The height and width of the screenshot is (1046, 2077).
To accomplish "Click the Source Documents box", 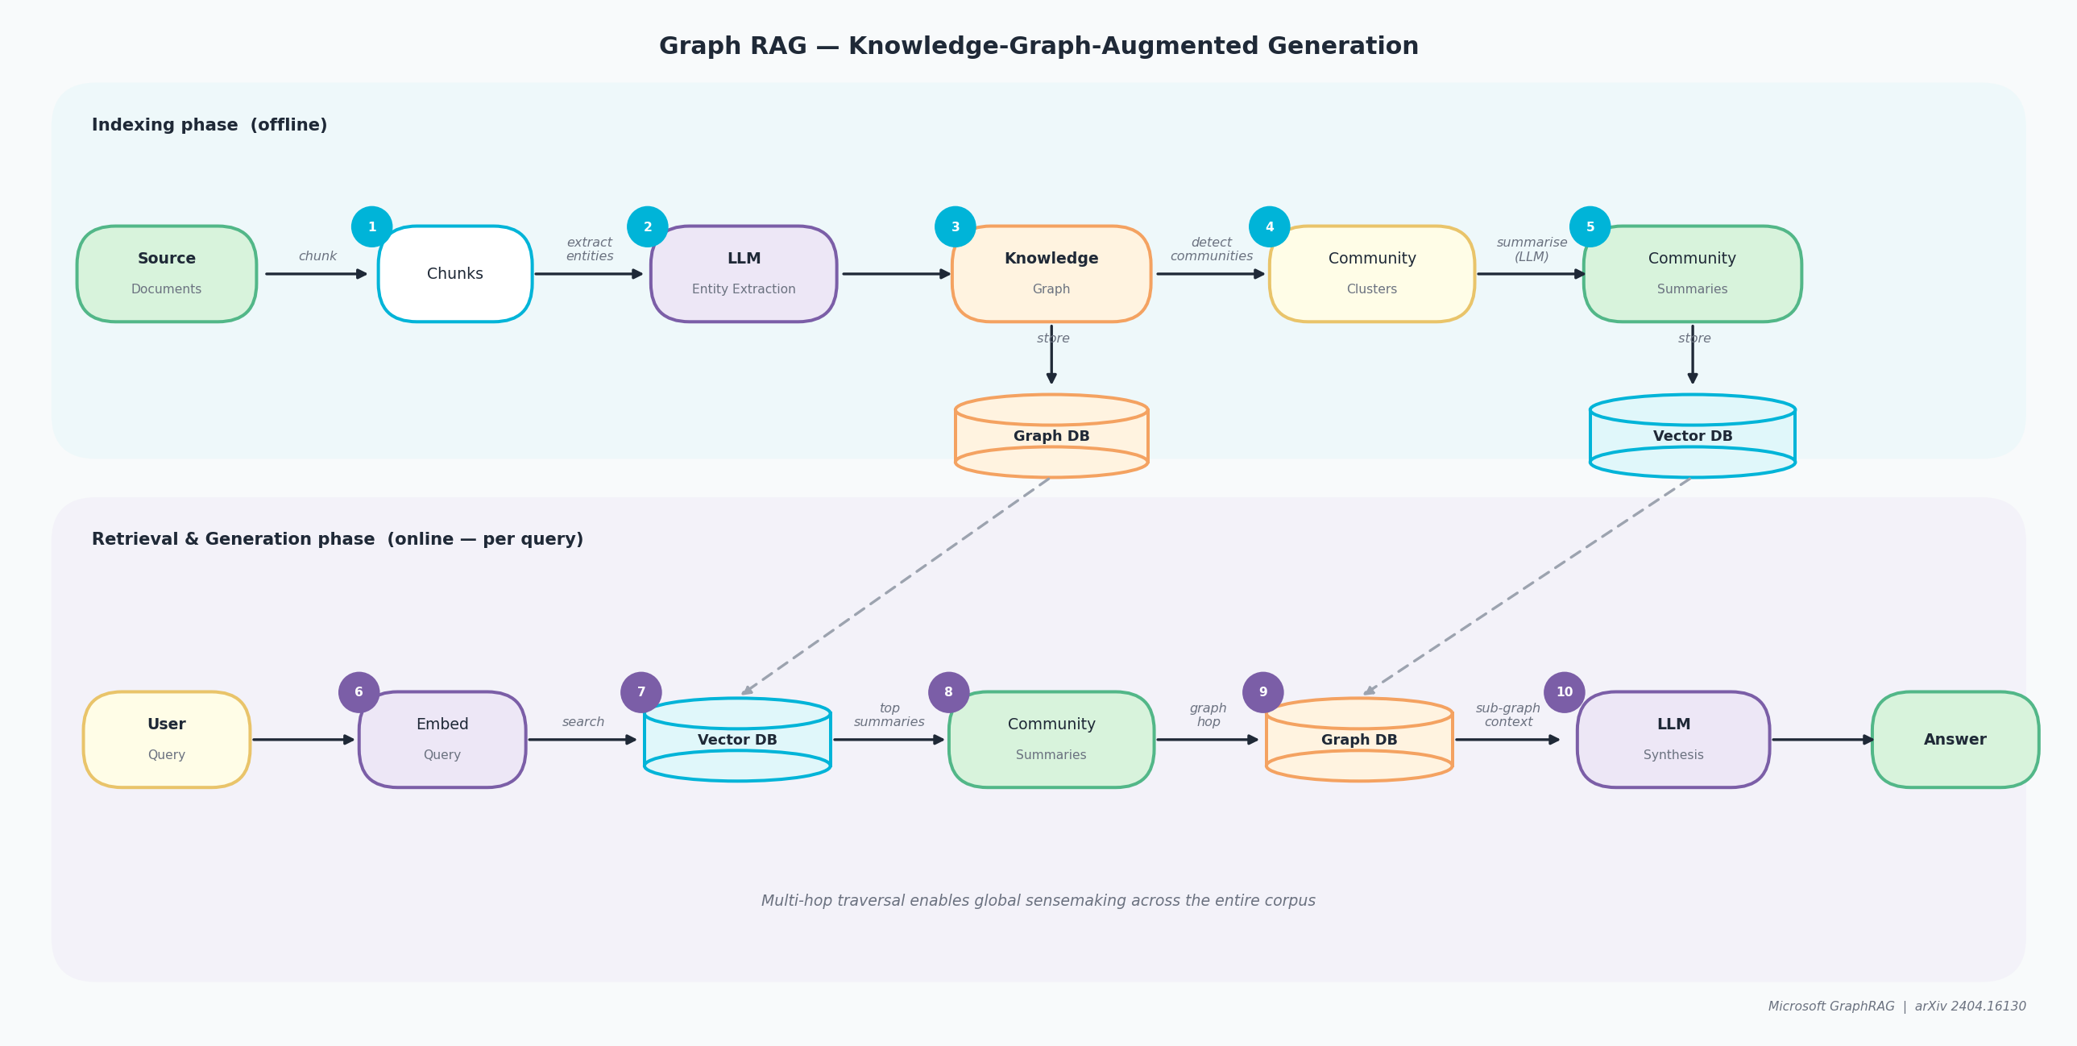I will click(x=166, y=273).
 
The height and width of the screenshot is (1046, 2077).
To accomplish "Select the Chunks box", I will click(x=454, y=273).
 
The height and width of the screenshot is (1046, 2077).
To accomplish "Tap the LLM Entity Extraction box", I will click(x=744, y=273).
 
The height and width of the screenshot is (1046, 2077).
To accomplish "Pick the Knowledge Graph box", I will click(x=1051, y=273).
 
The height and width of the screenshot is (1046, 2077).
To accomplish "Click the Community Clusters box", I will click(x=1371, y=273).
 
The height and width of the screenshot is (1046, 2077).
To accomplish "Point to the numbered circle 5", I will click(x=1590, y=226).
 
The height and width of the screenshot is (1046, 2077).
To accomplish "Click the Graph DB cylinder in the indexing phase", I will click(x=1051, y=435).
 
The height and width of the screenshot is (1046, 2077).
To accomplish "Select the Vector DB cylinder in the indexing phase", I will click(x=1692, y=435).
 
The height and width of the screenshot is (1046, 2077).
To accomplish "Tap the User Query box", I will click(x=166, y=739).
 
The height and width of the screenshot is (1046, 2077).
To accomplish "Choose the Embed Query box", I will click(x=442, y=739).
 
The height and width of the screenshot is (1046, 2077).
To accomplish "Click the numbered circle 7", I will click(x=641, y=692).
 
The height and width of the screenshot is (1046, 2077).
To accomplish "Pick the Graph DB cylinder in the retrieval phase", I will click(x=1358, y=739).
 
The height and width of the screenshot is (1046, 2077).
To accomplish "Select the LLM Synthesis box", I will click(x=1673, y=739).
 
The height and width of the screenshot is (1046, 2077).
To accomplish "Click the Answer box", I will click(x=1955, y=739).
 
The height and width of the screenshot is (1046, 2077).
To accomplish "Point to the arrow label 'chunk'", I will click(x=317, y=255).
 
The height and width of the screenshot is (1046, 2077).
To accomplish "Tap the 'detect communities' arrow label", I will click(x=1211, y=249).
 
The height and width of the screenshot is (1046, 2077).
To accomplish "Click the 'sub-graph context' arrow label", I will click(x=1507, y=715).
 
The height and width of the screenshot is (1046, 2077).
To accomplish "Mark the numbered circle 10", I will click(x=1565, y=692).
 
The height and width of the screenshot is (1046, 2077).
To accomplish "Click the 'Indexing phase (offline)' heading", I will click(x=209, y=125).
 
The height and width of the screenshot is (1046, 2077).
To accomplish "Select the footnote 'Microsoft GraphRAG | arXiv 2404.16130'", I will click(x=1897, y=1006).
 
